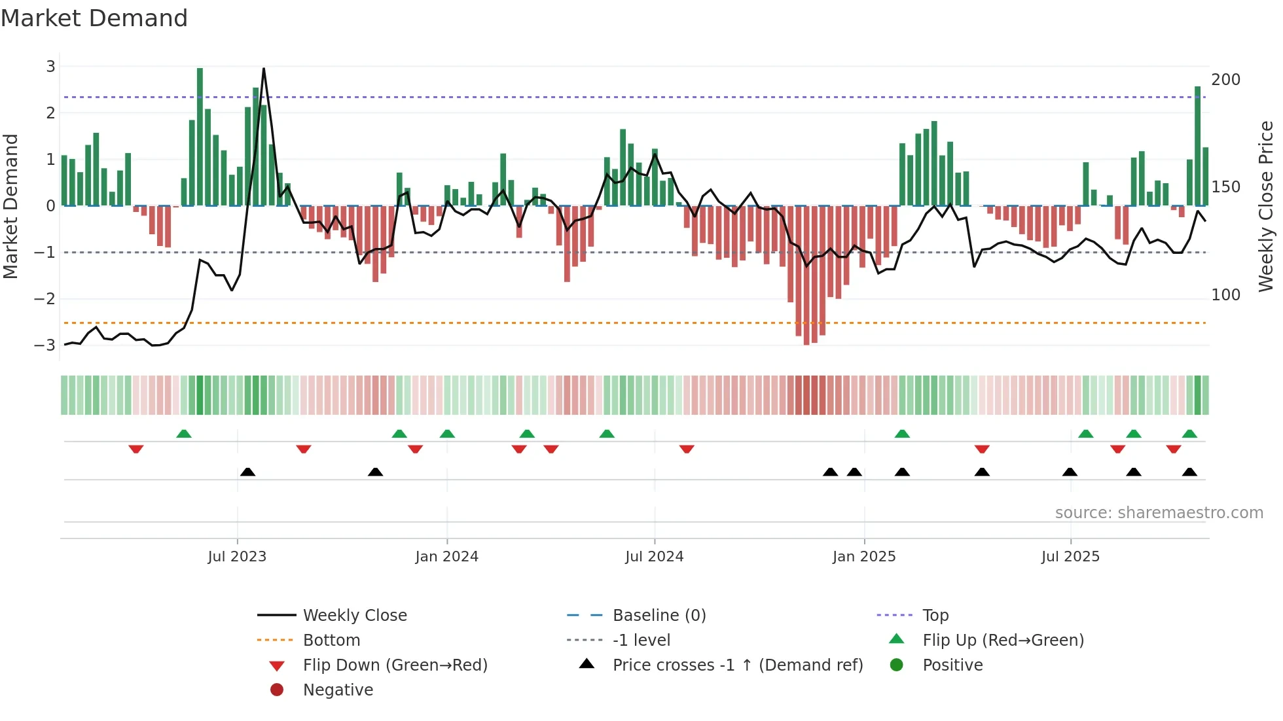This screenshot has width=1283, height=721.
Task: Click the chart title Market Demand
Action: click(94, 18)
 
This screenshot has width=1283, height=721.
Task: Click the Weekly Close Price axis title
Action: click(1266, 206)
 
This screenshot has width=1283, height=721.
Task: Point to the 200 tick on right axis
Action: click(1225, 80)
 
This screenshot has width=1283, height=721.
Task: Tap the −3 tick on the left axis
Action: click(45, 345)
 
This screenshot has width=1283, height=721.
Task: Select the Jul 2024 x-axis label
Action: click(654, 557)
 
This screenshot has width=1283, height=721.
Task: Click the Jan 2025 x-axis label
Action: click(863, 557)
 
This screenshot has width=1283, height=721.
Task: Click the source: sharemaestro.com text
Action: click(1159, 513)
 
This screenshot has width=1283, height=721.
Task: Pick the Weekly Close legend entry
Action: click(354, 616)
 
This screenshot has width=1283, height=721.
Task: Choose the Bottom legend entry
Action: click(331, 641)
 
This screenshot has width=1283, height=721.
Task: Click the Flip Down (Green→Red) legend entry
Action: click(395, 665)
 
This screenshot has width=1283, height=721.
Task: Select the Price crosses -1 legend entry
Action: click(737, 665)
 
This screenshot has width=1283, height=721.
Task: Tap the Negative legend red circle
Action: click(277, 690)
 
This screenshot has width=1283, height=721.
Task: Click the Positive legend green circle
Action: click(897, 665)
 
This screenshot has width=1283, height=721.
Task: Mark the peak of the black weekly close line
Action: click(264, 69)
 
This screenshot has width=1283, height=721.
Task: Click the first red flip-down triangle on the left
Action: click(136, 449)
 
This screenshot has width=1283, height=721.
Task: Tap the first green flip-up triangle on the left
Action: click(184, 434)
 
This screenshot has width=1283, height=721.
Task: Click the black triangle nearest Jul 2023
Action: click(247, 472)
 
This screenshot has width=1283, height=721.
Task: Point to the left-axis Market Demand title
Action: click(10, 206)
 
